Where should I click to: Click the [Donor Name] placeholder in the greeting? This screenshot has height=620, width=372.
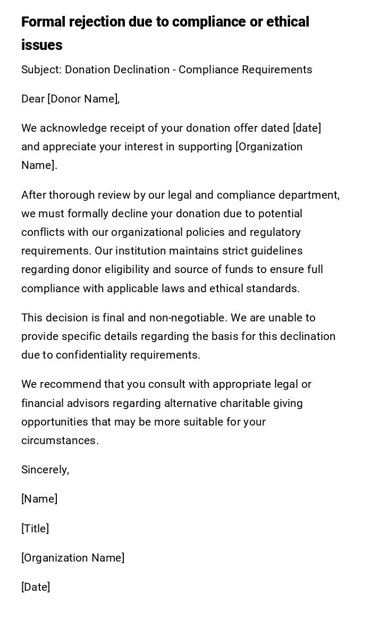coord(83,99)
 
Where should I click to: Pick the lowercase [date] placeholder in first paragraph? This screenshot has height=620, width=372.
coord(307,128)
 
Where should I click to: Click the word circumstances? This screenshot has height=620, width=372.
coord(60,440)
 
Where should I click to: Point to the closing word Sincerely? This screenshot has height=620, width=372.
coord(45,470)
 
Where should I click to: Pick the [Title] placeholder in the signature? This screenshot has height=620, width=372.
coord(35,529)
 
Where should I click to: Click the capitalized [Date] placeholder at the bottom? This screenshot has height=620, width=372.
coord(36,587)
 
